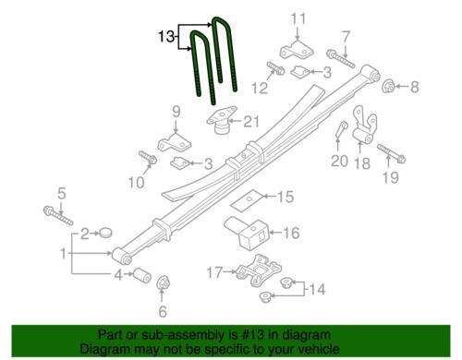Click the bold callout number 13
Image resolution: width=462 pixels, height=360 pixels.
(x=166, y=37)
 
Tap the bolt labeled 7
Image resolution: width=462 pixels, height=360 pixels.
(x=340, y=58)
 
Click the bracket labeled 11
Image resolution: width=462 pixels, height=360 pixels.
(x=297, y=51)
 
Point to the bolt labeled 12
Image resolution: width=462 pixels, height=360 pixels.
(x=275, y=68)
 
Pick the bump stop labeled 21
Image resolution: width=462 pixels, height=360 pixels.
(x=222, y=120)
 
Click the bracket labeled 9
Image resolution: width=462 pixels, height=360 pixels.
(x=174, y=142)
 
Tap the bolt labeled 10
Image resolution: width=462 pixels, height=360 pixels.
(x=148, y=157)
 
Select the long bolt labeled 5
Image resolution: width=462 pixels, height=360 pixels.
(x=58, y=215)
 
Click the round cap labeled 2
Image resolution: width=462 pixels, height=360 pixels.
(x=106, y=233)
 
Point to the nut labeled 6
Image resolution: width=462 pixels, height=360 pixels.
(x=163, y=282)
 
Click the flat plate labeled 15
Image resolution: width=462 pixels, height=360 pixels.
(x=247, y=200)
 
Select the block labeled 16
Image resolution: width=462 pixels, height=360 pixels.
(x=247, y=232)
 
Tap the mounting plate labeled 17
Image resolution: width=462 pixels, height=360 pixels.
(x=258, y=270)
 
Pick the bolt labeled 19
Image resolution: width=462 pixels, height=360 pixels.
(x=392, y=154)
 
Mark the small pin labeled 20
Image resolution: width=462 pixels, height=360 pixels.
(x=341, y=130)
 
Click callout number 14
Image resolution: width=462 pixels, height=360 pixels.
(x=317, y=289)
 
